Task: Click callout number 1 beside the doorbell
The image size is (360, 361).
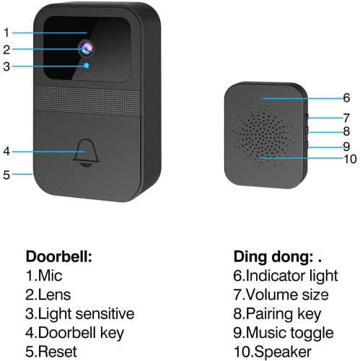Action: [6, 32]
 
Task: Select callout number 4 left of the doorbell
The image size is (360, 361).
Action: [6, 152]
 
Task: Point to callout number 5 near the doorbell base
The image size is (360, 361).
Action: [6, 174]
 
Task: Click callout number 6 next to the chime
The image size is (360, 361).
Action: [346, 97]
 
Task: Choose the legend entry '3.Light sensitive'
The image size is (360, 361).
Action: [80, 314]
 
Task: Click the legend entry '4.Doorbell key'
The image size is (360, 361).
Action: [75, 333]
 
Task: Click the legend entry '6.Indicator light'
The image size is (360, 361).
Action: [285, 276]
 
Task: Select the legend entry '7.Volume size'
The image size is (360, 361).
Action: [281, 295]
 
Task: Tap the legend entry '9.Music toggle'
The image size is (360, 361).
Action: [284, 333]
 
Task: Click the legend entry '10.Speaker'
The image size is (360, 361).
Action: [273, 352]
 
